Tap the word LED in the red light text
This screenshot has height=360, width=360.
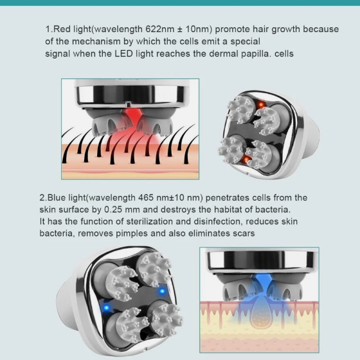123,54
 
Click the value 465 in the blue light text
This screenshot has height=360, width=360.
145,198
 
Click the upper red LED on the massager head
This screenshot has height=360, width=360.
261,105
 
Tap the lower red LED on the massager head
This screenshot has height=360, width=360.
246,159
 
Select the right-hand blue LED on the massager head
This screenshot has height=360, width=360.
162,291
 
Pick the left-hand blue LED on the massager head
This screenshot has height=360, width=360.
106,307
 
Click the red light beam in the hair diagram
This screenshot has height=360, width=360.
132,124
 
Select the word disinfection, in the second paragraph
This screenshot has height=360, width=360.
219,222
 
